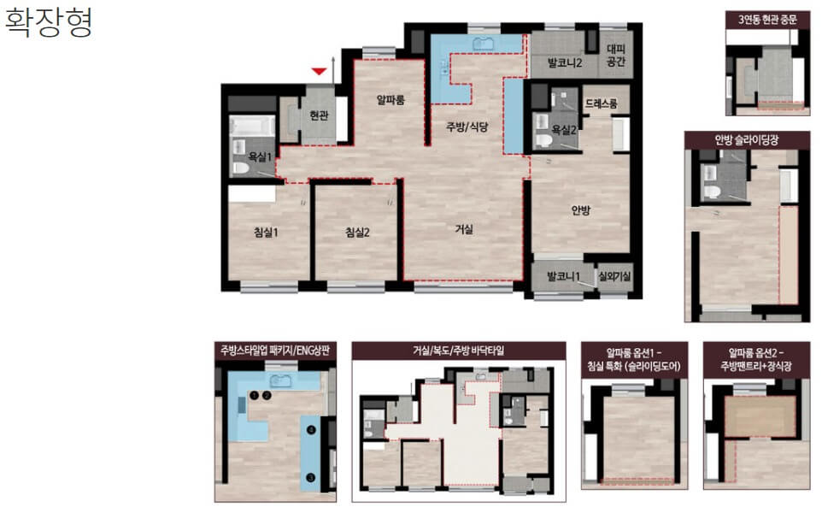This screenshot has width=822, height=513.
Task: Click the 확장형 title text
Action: point(49,23)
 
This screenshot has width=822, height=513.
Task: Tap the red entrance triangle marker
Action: point(319,71)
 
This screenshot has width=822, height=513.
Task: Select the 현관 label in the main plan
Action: point(319,115)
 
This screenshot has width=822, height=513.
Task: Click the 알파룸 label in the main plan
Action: point(390,99)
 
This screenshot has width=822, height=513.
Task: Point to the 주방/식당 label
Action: point(467,127)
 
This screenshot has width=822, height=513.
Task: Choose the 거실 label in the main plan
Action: point(464,228)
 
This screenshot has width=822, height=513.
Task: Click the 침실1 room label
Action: point(266,232)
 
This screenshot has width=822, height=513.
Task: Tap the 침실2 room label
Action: point(357,232)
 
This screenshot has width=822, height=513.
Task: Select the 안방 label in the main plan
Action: point(581,210)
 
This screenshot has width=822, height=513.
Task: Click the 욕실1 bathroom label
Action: point(260,156)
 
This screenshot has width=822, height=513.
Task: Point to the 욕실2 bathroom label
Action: point(564,129)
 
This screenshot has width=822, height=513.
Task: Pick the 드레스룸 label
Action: point(602,103)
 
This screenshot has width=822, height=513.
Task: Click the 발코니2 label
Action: point(565,63)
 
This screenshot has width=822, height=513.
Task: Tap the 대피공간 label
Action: point(616,55)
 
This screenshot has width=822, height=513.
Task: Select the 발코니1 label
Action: point(564,276)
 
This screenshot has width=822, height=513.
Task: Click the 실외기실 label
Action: point(614,276)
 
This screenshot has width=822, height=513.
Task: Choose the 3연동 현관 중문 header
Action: point(767,20)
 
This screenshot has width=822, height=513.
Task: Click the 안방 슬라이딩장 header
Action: point(747,140)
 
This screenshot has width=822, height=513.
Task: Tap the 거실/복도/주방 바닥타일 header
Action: point(459,351)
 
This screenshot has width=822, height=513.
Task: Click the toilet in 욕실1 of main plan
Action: point(241,168)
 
